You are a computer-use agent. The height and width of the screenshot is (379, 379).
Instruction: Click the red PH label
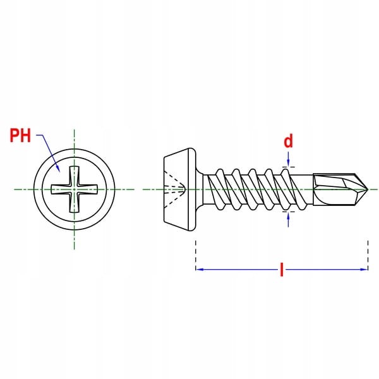tap(21, 135)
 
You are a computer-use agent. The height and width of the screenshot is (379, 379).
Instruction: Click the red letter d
tap(288, 141)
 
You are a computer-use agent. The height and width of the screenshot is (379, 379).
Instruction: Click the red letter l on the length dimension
tap(281, 269)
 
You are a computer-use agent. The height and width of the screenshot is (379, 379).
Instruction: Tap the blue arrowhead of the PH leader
tap(58, 169)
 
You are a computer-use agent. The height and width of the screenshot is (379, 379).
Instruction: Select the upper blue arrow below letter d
tap(288, 159)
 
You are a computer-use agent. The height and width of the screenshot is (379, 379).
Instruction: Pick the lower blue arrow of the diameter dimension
tap(288, 219)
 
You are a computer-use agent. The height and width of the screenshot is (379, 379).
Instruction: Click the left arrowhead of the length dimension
tap(200, 269)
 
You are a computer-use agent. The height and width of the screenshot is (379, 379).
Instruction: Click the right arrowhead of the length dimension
tap(364, 269)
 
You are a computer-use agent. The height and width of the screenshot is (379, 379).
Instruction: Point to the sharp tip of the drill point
tap(368, 189)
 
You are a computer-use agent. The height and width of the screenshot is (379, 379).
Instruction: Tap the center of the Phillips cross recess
tap(74, 189)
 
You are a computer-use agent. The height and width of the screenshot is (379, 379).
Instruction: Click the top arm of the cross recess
tap(74, 175)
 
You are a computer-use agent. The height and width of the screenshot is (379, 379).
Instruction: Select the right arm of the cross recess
tap(88, 189)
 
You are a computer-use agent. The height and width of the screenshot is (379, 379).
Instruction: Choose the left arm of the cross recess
tap(60, 189)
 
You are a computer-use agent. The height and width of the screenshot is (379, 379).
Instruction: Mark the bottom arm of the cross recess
tap(74, 203)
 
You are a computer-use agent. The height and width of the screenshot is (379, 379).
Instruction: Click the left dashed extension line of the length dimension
tap(196, 255)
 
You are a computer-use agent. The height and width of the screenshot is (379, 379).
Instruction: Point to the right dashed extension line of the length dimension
tap(368, 255)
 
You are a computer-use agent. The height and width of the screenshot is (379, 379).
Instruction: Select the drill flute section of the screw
tap(340, 189)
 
